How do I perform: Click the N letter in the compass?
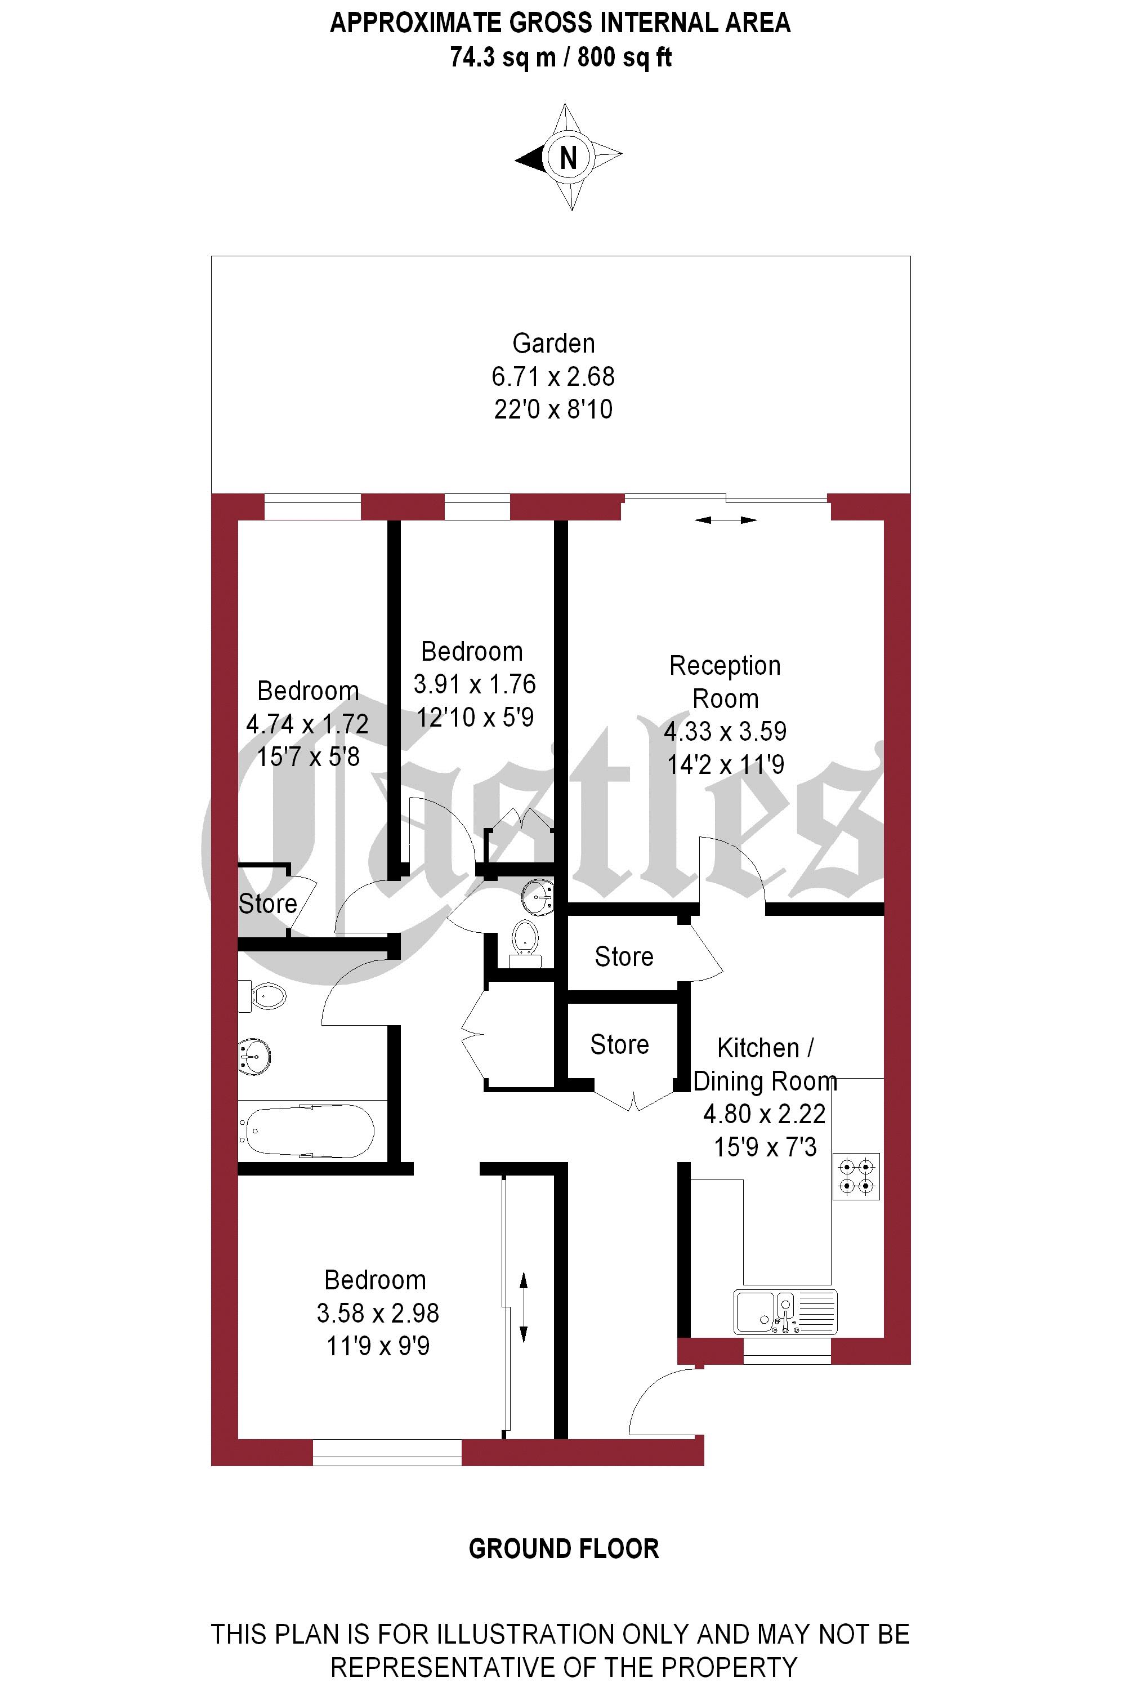(568, 157)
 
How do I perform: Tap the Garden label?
(553, 344)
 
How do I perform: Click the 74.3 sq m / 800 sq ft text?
(560, 57)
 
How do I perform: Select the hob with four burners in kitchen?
(856, 1177)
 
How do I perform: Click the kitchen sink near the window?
(785, 1312)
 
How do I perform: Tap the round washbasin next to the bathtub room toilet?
(256, 1057)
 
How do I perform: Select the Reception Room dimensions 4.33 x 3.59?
(725, 732)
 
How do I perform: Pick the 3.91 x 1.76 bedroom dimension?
(474, 684)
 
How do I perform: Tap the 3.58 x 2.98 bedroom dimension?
(378, 1314)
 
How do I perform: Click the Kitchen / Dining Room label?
(765, 1064)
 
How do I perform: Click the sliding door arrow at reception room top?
(725, 520)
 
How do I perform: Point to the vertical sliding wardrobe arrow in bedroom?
(524, 1307)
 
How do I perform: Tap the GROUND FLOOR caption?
(564, 1549)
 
